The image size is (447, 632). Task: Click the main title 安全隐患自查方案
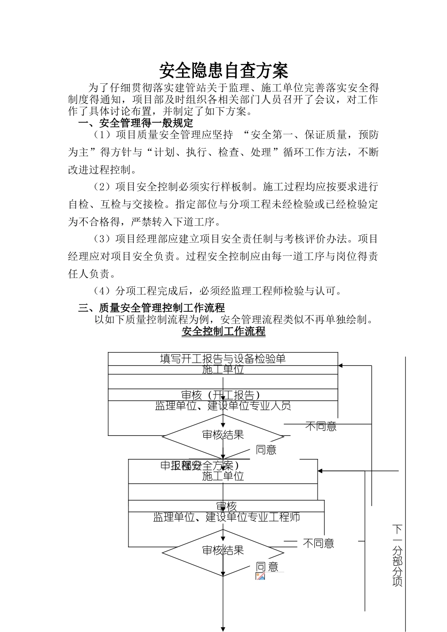coord(223,71)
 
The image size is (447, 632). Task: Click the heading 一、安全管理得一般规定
coord(136,123)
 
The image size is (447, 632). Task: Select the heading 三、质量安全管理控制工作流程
coord(151,308)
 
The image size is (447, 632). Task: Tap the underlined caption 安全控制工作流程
coord(223,332)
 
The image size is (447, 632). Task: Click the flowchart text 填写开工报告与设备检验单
coord(223,359)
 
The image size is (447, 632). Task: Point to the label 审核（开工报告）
coord(223,395)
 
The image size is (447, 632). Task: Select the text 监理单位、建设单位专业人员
coord(223,405)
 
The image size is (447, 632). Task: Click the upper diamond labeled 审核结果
coord(223,435)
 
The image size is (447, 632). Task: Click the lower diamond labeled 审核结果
coord(223,550)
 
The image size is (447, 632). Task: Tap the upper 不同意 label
coord(321,427)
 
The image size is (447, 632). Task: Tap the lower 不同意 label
coord(318,544)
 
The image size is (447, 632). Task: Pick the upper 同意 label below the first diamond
coord(266,450)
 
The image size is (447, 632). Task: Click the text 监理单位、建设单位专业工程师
coord(226,517)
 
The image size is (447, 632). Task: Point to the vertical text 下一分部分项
coord(398,555)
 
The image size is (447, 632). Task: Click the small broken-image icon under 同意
coord(260,577)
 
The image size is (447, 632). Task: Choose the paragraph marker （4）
coord(102,291)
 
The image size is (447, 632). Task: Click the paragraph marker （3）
coord(102,239)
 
